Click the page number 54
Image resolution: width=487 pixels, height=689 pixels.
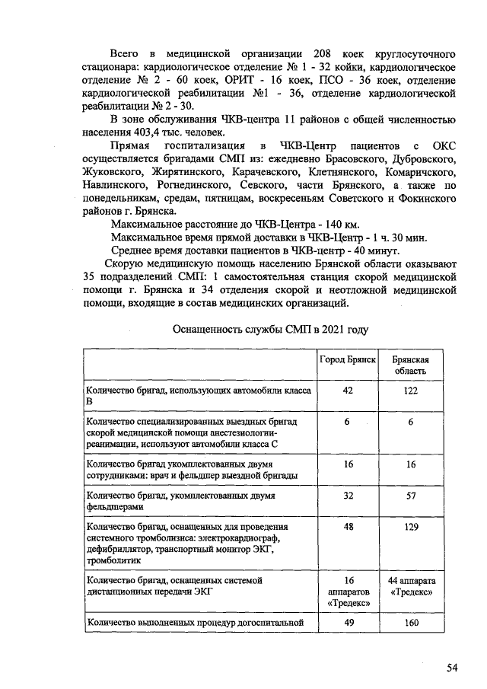pyautogui.click(x=452, y=668)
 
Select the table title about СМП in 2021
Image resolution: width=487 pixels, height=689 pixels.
pyautogui.click(x=270, y=330)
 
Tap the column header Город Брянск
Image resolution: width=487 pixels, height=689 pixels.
pyautogui.click(x=349, y=359)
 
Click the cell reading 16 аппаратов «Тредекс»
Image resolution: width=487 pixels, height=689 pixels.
pyautogui.click(x=349, y=591)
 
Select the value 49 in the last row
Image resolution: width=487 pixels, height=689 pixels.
pyautogui.click(x=349, y=623)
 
